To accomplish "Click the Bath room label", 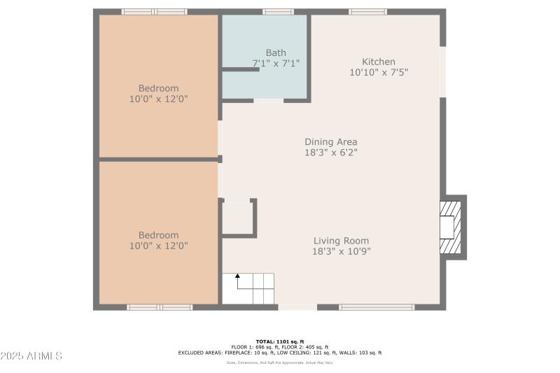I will pos(276,52).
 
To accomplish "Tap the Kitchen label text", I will pos(378,62).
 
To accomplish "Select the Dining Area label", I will pos(330,141).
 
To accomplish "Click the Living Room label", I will pos(341,241).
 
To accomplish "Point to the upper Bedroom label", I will pos(158,88).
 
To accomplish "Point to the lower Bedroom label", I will pos(158,235).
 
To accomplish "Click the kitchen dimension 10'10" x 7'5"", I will pos(378,72).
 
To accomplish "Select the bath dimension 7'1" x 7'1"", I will pos(276,63).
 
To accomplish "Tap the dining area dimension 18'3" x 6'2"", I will pos(330,152).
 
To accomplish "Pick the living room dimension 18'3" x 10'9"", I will pos(341,251).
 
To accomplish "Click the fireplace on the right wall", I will pos(451,227).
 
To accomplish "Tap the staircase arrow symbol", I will pos(237,277).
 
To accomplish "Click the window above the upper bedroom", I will pos(154,11).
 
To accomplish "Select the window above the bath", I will pos(278,11).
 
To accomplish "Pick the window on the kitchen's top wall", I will pos(367,11).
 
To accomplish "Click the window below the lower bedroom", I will pos(159,307).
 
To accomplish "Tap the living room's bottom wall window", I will pos(377,307).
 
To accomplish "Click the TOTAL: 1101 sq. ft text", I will pos(279,341).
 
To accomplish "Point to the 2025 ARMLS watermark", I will pos(31,356).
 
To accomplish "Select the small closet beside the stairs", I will pos(237,218).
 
